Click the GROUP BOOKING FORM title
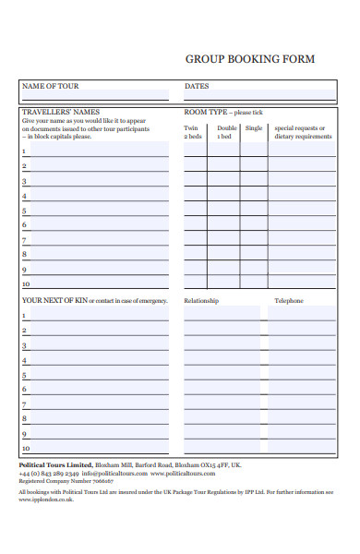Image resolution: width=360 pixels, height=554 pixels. [250, 59]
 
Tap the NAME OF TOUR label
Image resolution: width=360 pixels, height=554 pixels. [51, 87]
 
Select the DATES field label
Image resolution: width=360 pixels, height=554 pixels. [197, 87]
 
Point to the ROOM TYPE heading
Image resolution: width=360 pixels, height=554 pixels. [206, 112]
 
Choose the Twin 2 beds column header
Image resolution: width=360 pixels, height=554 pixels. [193, 132]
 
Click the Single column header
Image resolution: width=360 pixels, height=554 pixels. [254, 128]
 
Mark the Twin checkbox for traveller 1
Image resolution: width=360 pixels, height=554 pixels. [195, 151]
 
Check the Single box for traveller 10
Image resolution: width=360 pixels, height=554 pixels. [254, 283]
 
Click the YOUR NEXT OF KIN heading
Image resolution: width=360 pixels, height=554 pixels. [54, 301]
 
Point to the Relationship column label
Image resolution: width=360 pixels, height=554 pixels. [203, 301]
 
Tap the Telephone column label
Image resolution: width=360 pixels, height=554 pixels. [289, 301]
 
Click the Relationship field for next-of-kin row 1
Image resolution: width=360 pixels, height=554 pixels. [222, 315]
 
